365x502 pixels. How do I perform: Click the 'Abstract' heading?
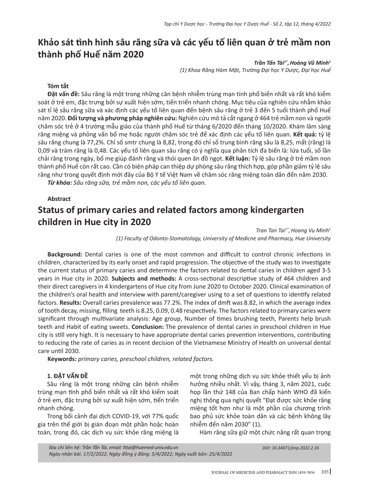(x=59, y=199)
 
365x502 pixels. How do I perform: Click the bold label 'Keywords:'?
(x=62, y=359)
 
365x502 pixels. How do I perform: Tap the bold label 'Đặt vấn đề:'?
(x=63, y=94)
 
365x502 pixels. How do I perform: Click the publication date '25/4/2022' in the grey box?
(x=219, y=454)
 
